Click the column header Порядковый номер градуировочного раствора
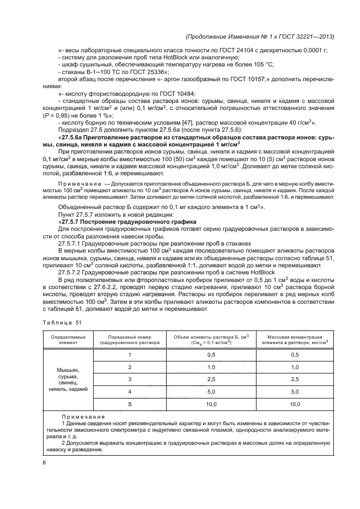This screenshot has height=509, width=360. coord(130,340)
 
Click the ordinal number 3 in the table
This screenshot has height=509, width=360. coord(130,378)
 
